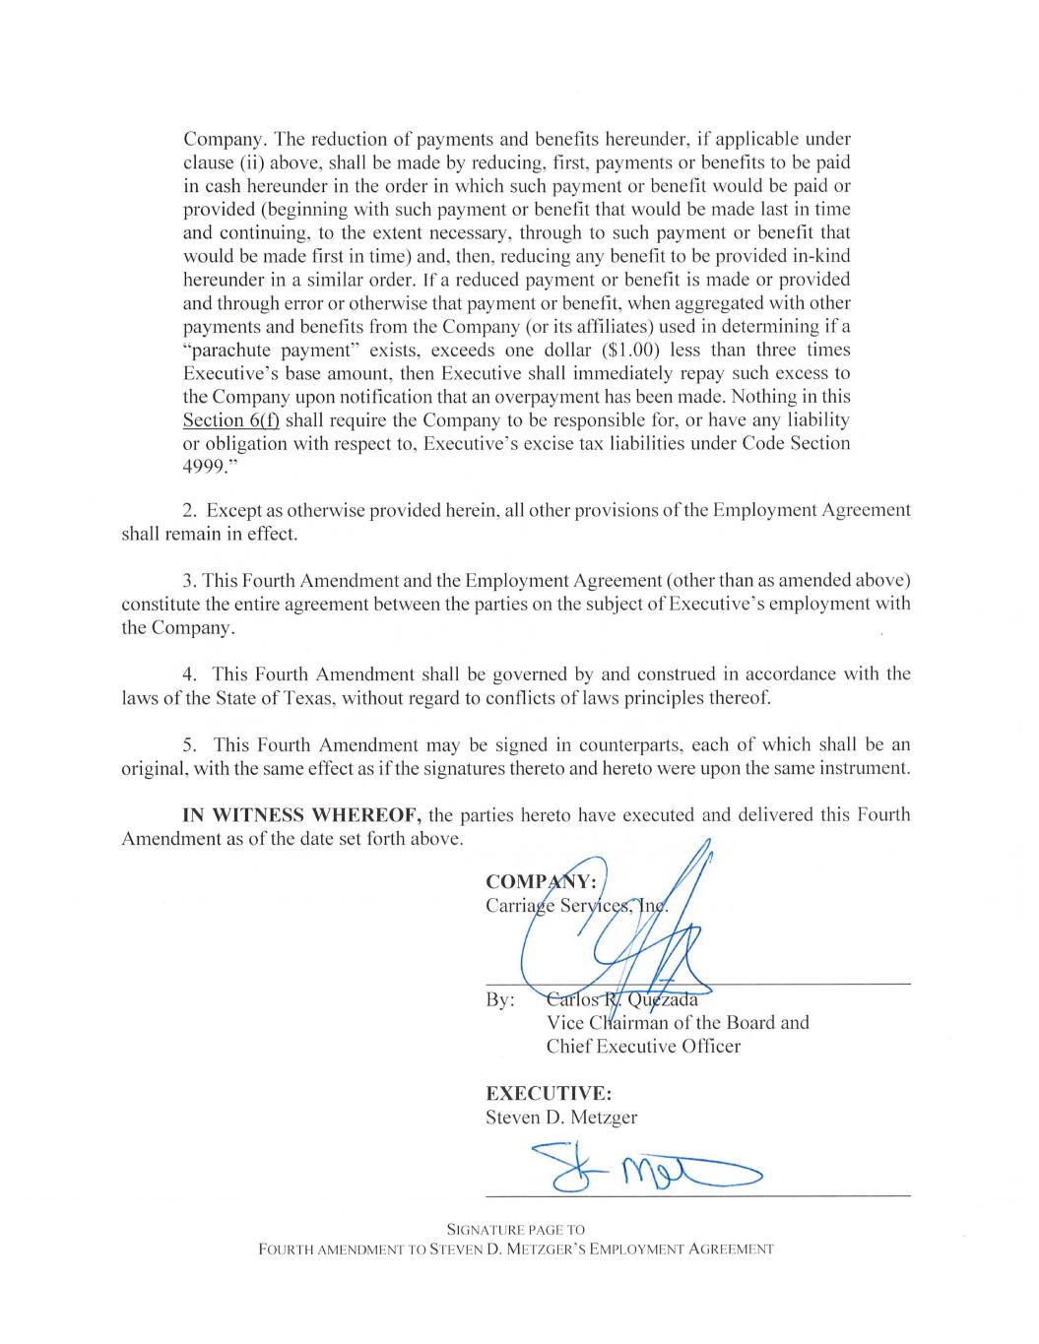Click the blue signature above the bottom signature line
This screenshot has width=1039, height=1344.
click(640, 1169)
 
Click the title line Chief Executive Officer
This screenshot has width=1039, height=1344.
click(643, 1046)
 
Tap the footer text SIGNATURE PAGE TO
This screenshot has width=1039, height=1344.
click(516, 1230)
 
